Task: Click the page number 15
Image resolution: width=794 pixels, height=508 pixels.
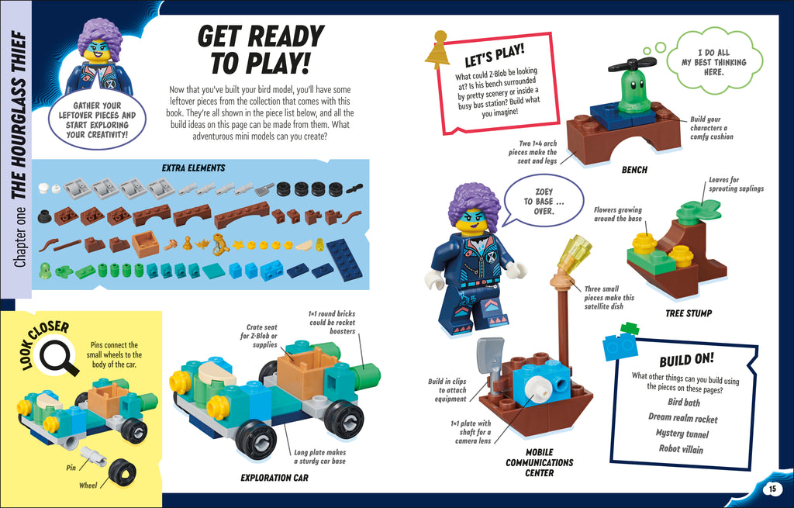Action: click(772, 489)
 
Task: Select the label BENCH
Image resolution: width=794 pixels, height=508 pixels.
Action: click(633, 169)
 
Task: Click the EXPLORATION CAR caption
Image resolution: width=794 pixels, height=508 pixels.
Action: click(274, 478)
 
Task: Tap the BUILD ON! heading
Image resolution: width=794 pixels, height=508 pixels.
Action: click(686, 361)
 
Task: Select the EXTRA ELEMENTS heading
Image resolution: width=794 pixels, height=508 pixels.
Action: click(193, 168)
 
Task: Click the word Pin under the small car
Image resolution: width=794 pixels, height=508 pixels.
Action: click(71, 468)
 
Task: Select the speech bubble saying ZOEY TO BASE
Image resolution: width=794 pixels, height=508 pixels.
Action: click(543, 200)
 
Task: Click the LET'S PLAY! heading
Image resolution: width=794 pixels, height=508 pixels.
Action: click(494, 57)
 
